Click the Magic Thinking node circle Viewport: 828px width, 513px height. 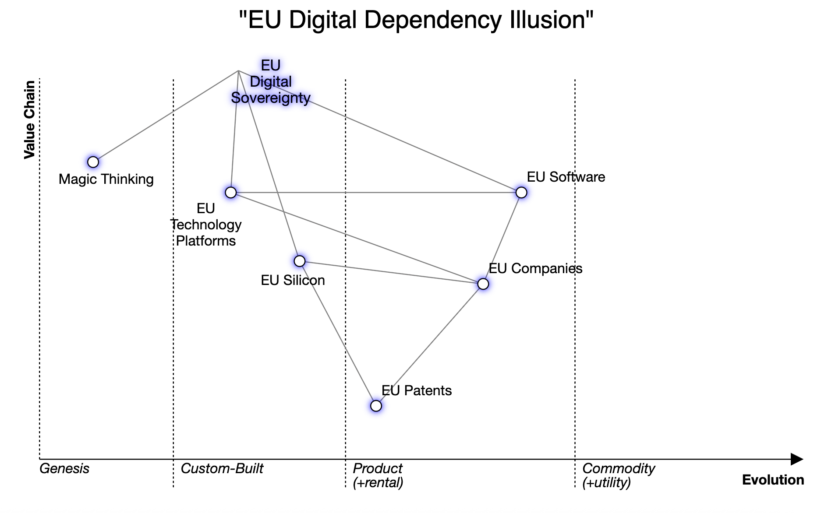(x=93, y=162)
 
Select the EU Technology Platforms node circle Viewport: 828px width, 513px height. (x=230, y=192)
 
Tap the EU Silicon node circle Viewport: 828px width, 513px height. (x=299, y=261)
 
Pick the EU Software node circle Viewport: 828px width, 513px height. (x=521, y=192)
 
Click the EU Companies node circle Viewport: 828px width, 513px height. (x=483, y=284)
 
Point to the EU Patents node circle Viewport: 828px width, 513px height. (x=376, y=406)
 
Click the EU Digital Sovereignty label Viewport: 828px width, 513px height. (x=271, y=82)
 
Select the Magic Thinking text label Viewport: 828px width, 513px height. (x=106, y=179)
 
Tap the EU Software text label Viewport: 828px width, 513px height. (x=566, y=177)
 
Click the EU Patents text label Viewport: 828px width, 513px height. (x=416, y=390)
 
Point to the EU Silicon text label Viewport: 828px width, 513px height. (x=293, y=280)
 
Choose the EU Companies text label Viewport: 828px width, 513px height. (x=535, y=268)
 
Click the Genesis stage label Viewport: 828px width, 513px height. (x=64, y=468)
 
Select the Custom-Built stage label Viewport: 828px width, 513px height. (x=222, y=468)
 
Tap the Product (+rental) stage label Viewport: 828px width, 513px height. (x=378, y=475)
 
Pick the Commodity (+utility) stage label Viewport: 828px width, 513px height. (x=618, y=475)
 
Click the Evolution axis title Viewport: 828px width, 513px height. (x=773, y=480)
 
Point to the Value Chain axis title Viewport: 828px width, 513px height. (x=29, y=119)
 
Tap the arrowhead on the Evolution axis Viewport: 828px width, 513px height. (x=797, y=459)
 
